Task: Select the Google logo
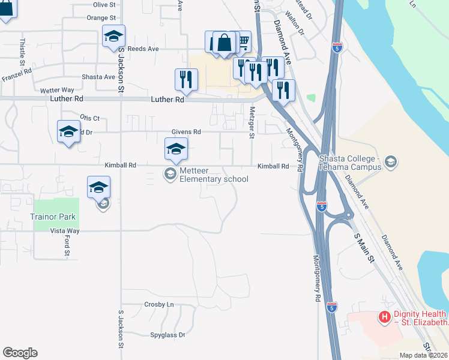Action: click(x=20, y=353)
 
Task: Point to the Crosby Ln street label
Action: click(x=159, y=304)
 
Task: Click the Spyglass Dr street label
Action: click(x=166, y=334)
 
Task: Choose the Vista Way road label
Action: click(x=65, y=230)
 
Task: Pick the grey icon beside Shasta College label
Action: click(x=391, y=161)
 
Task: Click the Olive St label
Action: click(x=104, y=4)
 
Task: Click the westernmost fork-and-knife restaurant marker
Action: click(x=186, y=79)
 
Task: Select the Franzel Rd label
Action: click(x=17, y=78)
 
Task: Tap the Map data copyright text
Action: click(x=424, y=355)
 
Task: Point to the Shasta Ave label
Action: click(x=98, y=77)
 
